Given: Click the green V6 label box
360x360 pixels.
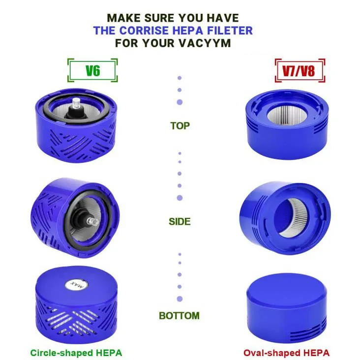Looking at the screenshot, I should point(92,70).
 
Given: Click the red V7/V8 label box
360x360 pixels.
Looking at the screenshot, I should point(299,70).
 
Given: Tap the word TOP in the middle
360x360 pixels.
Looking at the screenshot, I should point(180,125).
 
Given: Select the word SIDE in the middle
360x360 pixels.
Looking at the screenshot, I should point(180,222).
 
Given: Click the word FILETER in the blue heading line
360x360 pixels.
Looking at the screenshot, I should point(229,30).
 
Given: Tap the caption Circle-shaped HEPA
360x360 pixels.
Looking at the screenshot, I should point(76,353).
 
